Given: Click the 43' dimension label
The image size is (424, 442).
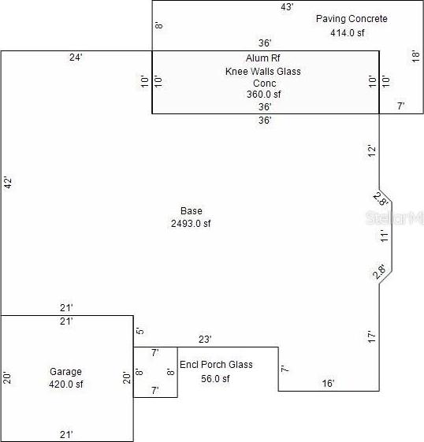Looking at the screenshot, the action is pos(287,7).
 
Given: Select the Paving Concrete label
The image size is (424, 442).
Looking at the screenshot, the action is pos(351,19).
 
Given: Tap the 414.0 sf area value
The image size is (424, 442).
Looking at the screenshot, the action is pos(348,33).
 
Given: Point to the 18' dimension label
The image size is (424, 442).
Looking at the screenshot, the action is pos(416,57).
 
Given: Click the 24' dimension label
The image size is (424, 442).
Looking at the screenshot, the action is pos(76,58).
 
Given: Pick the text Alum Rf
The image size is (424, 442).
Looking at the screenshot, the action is pos(262,58).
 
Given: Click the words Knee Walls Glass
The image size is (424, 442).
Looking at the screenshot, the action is pos(262,72).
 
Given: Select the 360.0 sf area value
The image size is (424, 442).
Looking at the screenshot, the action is pos(263,94).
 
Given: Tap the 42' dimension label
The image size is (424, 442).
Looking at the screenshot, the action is pos(8,183).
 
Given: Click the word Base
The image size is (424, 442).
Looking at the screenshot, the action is pos(192,211).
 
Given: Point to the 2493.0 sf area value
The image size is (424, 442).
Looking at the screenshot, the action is pos(191,224).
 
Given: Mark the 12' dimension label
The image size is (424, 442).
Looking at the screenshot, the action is pos(372,151).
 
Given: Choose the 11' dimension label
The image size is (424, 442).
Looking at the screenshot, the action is pos(385,236).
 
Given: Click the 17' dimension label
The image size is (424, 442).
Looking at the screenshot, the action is pos(372,337).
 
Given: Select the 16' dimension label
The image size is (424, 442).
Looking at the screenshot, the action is pos(328,384).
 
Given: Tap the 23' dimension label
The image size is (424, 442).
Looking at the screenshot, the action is pos(205,340).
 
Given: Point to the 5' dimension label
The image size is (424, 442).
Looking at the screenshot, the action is pos(140,330).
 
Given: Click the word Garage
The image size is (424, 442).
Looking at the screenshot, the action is pos(65,372).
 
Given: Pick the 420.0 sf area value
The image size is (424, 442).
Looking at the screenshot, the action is pos(66,384).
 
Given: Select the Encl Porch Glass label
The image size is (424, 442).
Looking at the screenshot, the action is pos(216,365).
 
